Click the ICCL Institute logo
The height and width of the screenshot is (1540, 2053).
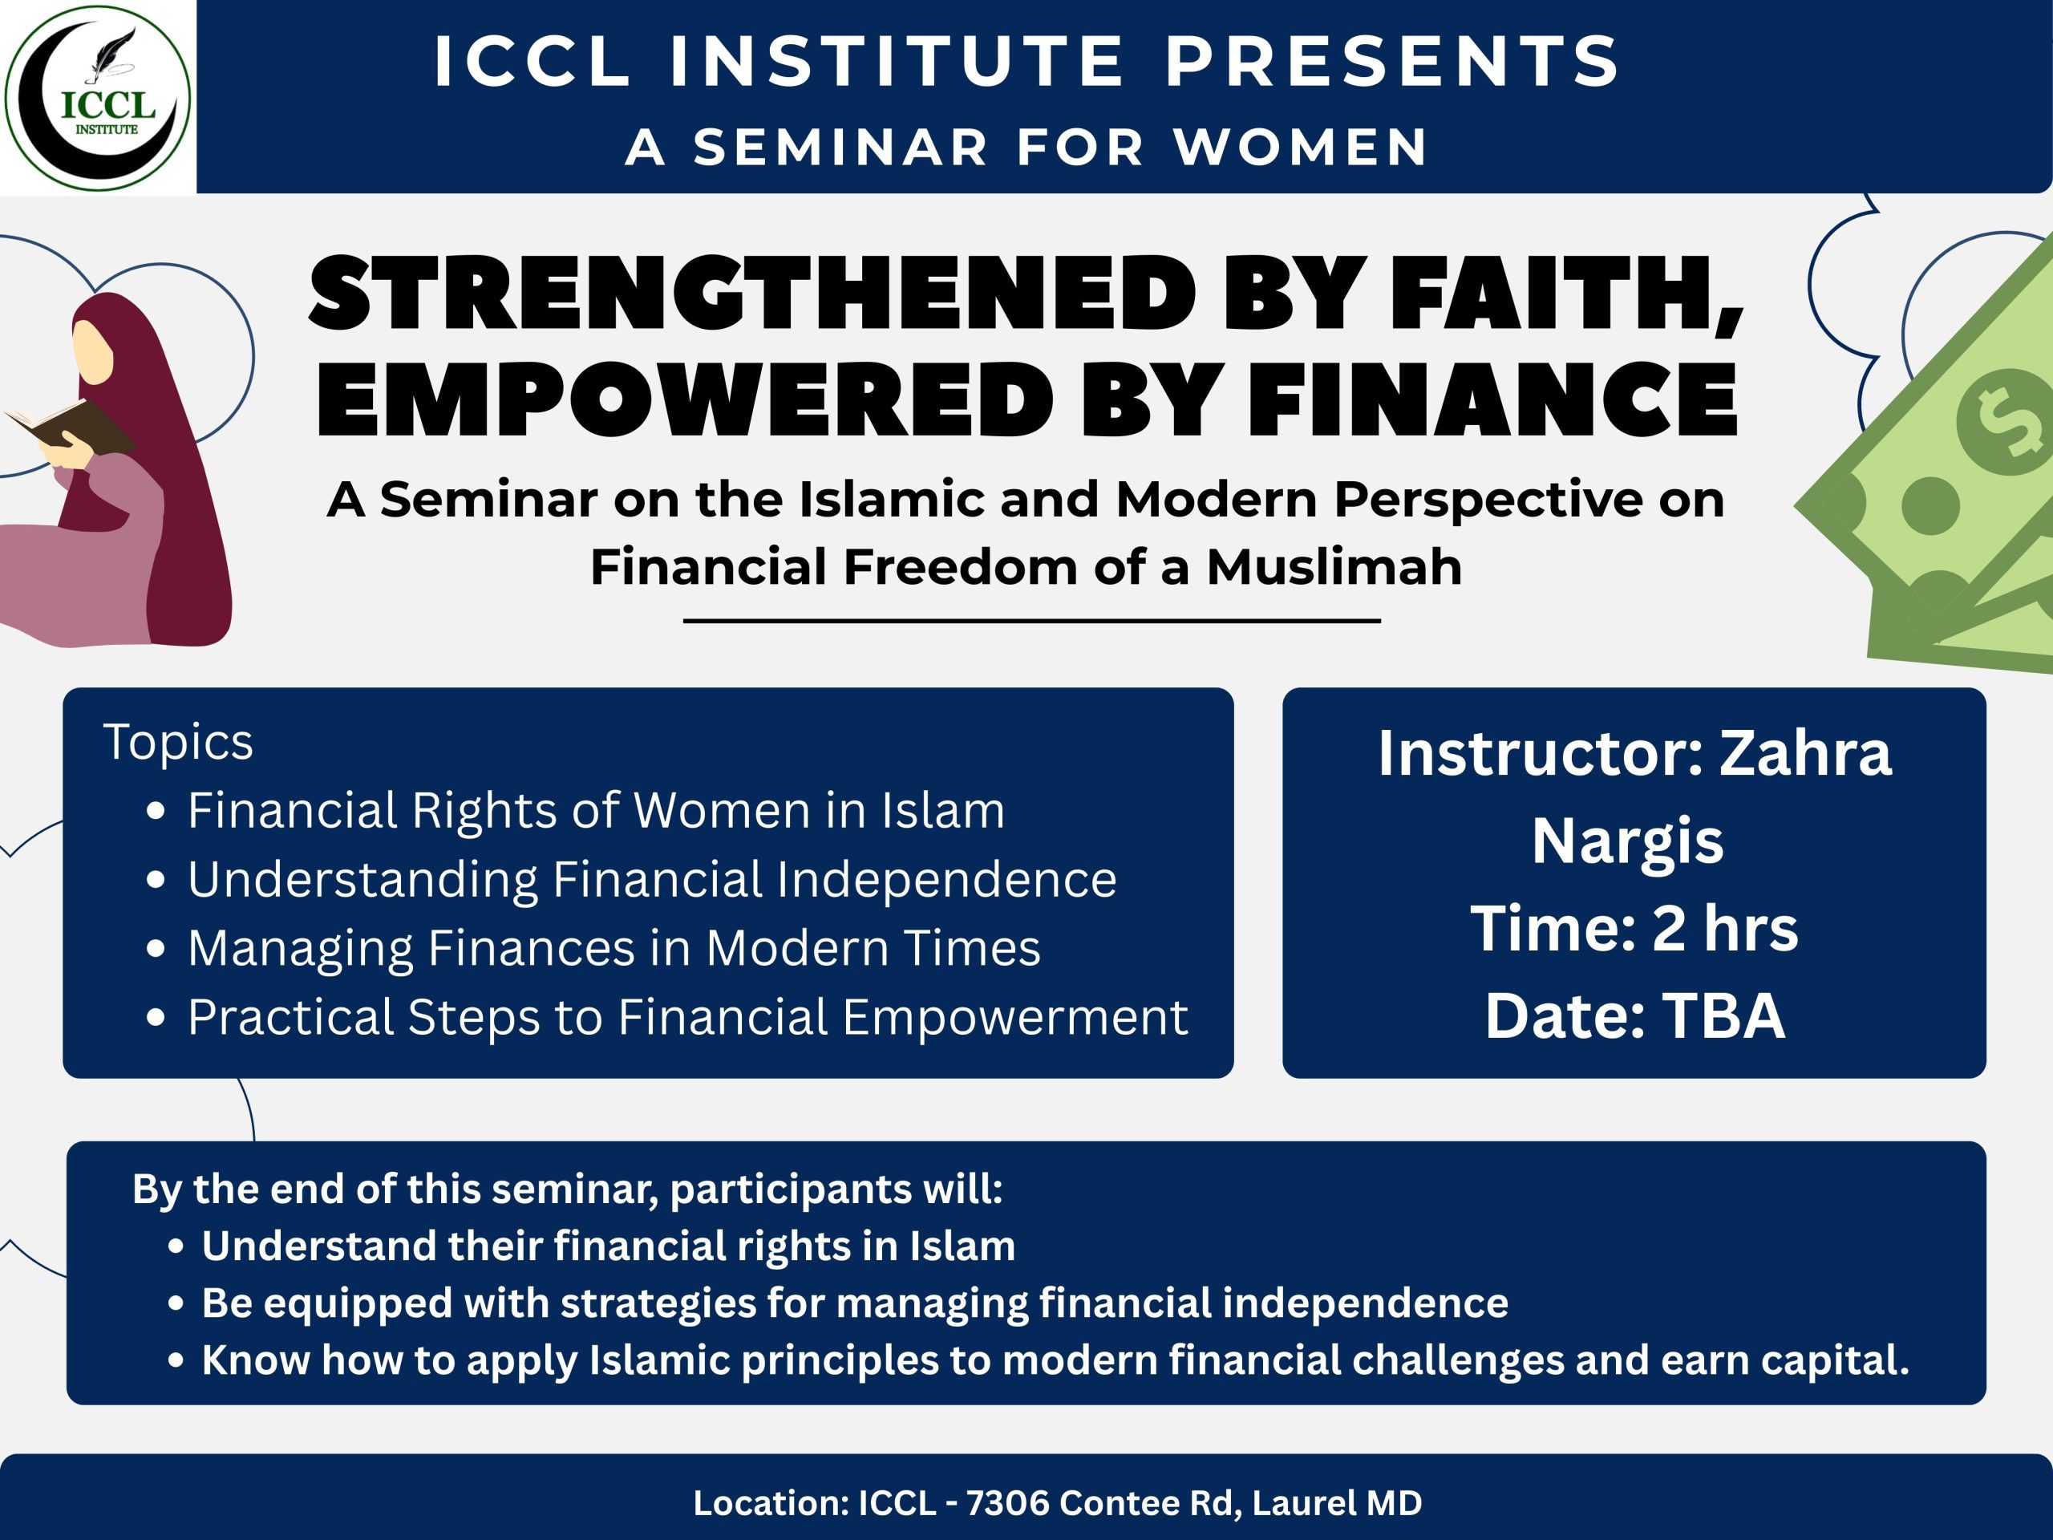(x=98, y=98)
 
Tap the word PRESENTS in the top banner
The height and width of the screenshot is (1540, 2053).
(x=1392, y=61)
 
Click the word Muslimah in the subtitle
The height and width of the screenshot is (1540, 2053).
(x=1334, y=566)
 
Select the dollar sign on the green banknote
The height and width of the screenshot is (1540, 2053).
(x=2005, y=423)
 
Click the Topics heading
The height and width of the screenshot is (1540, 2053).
(x=178, y=742)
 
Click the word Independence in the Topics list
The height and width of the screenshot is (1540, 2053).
(x=946, y=880)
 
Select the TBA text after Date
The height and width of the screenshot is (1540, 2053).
(x=1723, y=1015)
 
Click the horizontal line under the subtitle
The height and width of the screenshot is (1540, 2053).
(x=1032, y=620)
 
